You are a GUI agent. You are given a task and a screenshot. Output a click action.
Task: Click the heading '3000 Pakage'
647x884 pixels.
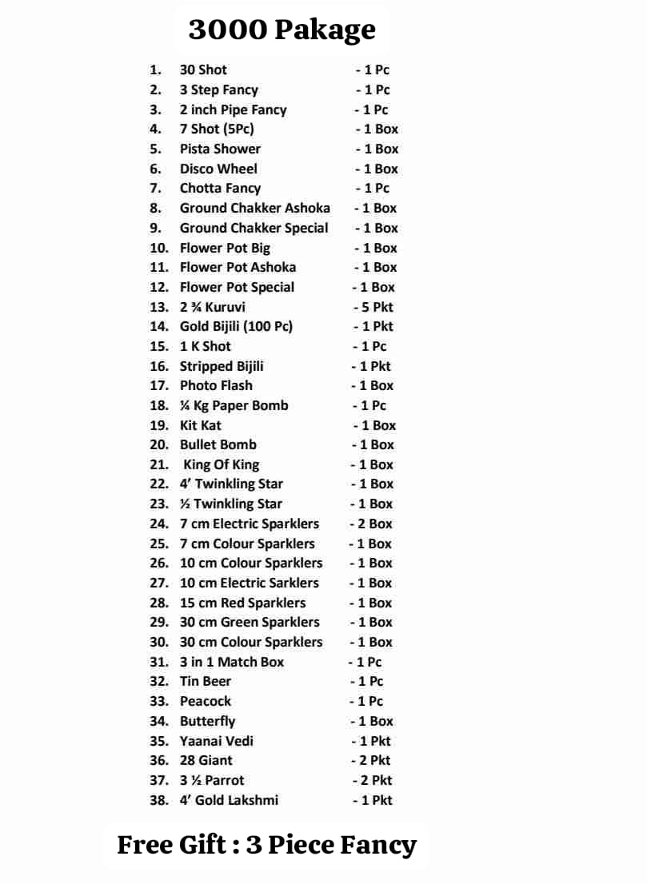point(282,30)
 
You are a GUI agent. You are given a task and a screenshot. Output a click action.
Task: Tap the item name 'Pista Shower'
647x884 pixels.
point(220,149)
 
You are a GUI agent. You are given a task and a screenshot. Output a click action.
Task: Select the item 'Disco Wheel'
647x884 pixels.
point(218,169)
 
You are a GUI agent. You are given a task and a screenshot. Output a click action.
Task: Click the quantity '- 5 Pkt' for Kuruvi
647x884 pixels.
point(373,307)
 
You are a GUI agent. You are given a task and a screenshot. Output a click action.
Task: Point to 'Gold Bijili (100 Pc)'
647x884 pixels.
point(236,326)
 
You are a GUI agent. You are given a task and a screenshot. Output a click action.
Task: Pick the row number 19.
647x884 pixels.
point(159,425)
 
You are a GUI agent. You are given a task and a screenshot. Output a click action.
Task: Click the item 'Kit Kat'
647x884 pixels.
point(200,425)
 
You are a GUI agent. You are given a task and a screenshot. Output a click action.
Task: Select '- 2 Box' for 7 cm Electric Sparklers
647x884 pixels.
point(371,524)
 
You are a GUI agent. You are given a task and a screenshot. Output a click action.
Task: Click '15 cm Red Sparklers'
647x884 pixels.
point(242,603)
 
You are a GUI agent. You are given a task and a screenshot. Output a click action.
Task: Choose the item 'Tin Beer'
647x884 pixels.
point(206,681)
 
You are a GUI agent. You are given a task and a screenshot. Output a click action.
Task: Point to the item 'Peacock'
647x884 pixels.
point(206,701)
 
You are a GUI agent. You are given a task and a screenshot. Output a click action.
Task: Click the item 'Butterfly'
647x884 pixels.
point(207,721)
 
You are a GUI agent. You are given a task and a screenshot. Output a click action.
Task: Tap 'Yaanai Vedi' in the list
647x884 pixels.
point(217,741)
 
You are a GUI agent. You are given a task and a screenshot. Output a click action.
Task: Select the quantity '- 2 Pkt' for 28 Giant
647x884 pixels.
point(371,760)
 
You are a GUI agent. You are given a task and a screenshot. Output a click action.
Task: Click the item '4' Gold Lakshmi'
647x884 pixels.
point(229,800)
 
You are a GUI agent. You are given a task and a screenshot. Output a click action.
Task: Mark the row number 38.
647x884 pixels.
point(159,800)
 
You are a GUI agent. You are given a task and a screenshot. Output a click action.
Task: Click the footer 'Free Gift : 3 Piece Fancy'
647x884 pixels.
point(267,845)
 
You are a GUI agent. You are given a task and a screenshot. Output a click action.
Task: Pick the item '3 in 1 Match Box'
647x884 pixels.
point(232,662)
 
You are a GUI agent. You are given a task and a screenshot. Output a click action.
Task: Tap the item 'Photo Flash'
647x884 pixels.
point(216,385)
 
